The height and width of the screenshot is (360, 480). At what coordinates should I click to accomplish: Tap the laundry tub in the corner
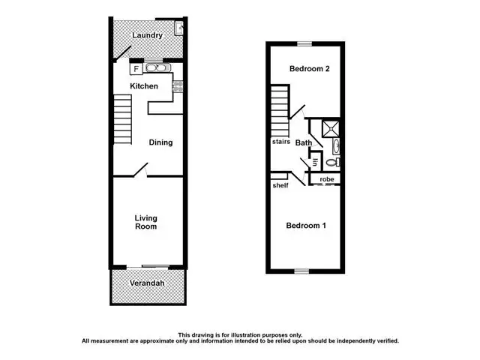click(x=178, y=28)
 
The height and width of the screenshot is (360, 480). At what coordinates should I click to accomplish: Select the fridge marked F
click(x=136, y=69)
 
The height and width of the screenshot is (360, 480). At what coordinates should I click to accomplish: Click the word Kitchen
click(x=144, y=86)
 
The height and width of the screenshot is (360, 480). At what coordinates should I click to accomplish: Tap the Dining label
click(x=160, y=142)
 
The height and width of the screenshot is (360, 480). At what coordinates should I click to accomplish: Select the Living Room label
click(x=146, y=222)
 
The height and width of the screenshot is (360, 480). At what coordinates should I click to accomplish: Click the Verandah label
click(x=148, y=283)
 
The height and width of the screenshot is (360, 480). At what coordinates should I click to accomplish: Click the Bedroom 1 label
click(x=304, y=226)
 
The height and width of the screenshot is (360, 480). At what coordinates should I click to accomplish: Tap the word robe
click(x=327, y=179)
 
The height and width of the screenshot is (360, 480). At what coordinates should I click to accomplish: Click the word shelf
click(x=280, y=185)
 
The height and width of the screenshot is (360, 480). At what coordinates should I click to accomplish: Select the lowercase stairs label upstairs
click(x=282, y=141)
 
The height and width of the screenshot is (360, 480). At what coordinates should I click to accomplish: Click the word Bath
click(x=304, y=142)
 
